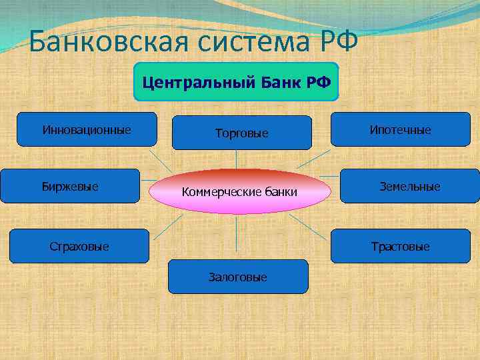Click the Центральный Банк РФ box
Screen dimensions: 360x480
(x=236, y=82)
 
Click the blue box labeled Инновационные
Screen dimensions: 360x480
(x=87, y=129)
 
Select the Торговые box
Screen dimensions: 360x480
(x=242, y=133)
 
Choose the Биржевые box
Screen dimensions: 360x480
(x=70, y=186)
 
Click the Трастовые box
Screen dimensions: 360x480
(x=401, y=246)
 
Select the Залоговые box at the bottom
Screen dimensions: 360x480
(x=238, y=277)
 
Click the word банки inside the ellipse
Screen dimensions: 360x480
(x=281, y=193)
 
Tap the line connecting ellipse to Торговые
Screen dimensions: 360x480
(x=237, y=159)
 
